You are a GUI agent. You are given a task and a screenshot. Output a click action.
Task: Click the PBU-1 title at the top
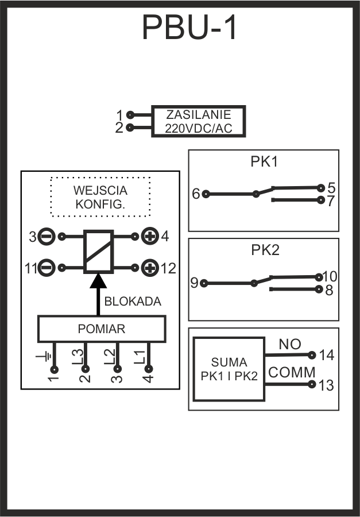tap(189, 27)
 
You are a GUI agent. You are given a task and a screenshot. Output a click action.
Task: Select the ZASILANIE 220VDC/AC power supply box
tap(198, 121)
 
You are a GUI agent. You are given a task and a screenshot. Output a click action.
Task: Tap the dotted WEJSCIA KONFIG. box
tap(100, 197)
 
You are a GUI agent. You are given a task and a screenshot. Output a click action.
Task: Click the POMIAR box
tap(101, 329)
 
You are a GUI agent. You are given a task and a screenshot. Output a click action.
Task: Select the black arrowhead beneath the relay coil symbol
tap(98, 281)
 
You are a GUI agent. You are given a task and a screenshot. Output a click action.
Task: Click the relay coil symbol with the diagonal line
tap(98, 252)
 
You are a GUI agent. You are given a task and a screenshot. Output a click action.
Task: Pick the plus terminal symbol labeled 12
tap(150, 268)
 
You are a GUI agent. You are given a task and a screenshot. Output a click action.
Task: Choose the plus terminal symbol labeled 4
tap(150, 236)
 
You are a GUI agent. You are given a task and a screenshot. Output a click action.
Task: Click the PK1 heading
tap(264, 161)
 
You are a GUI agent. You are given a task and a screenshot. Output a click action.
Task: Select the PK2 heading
tap(264, 250)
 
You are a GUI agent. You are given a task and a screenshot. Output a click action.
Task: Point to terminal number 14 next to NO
tap(326, 356)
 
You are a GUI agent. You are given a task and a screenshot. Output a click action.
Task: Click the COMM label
tap(292, 372)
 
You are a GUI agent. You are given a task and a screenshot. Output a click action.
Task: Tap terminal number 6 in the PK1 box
tap(195, 194)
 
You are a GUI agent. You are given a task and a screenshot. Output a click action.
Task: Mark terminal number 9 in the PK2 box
tap(194, 283)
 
